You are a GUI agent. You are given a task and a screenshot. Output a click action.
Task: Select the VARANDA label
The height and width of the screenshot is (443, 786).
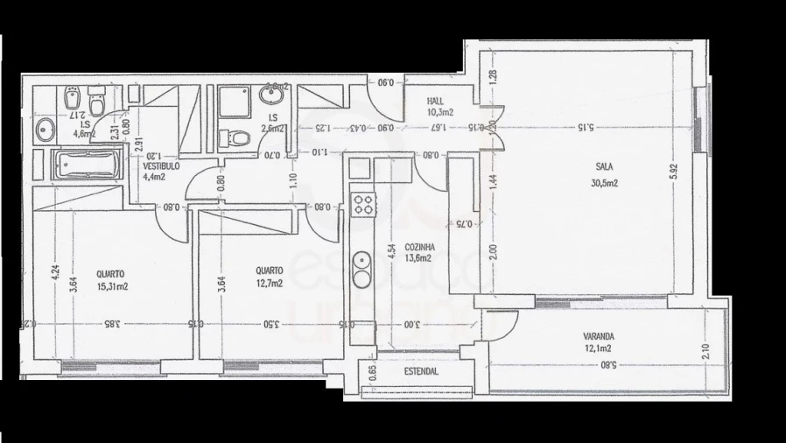(600, 336)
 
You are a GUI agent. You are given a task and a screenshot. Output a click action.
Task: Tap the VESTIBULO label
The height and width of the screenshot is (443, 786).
(162, 165)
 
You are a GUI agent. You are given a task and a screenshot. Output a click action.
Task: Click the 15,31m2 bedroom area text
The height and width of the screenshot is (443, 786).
(111, 285)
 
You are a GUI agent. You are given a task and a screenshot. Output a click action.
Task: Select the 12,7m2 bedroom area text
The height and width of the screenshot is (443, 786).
(268, 284)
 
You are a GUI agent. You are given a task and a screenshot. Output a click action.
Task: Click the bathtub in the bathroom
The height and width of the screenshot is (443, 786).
(84, 164)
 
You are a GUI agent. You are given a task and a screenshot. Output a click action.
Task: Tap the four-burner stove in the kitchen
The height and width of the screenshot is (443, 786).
(362, 206)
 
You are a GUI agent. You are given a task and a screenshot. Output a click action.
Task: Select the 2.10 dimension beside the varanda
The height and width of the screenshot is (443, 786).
(705, 351)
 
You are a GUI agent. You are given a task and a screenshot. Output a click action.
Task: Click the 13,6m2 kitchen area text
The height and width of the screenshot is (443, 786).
(420, 258)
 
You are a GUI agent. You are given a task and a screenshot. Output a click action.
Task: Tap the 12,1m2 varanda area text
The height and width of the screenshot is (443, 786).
(598, 348)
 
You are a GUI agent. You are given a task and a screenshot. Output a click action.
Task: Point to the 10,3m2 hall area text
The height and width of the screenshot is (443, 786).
(439, 113)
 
